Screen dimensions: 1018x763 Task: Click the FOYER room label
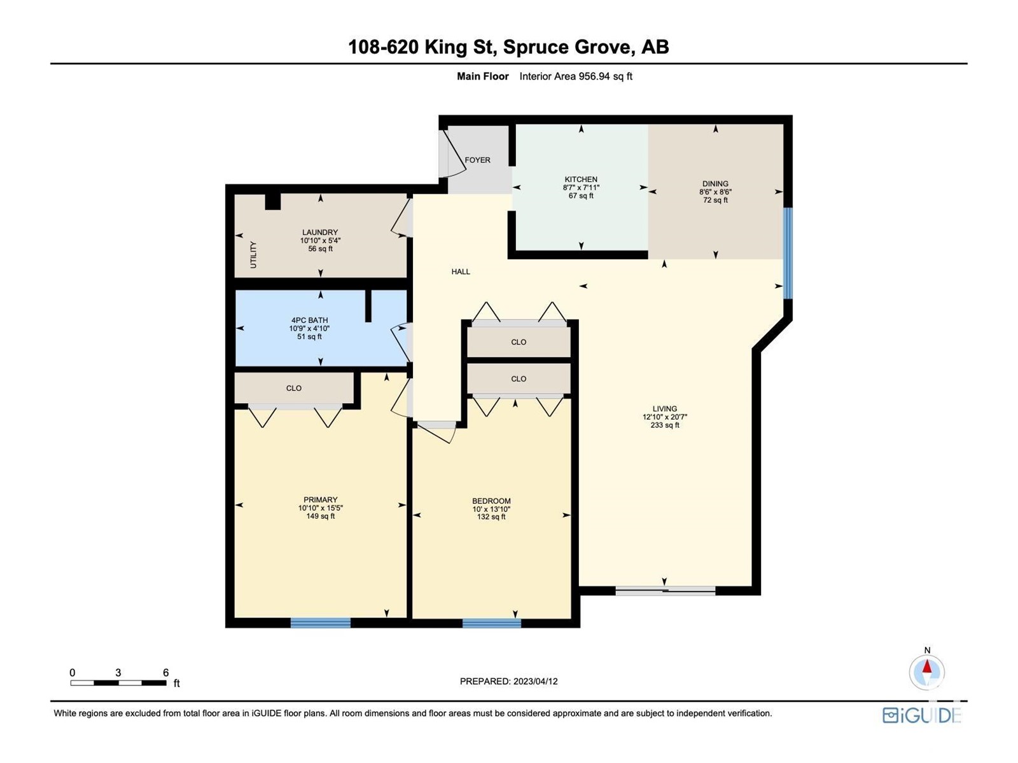coord(477,160)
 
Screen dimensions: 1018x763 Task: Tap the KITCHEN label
coord(581,179)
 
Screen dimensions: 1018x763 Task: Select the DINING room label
coord(715,184)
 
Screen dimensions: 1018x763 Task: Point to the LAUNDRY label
coord(320,232)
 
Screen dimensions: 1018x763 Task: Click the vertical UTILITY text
coord(253,254)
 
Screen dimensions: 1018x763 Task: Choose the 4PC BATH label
coord(309,320)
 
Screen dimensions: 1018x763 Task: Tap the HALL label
coord(461,272)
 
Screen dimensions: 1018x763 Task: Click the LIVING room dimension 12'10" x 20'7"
coord(665,417)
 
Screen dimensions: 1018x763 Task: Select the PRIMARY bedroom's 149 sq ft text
coord(320,516)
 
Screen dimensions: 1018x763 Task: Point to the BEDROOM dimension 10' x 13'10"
coord(491,509)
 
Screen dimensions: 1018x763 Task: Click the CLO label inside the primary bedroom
coord(293,388)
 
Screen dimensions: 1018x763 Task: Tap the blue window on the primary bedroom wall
coord(321,622)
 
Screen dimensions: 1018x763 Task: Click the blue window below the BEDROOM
coord(492,623)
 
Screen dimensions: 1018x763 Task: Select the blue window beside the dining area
coord(788,253)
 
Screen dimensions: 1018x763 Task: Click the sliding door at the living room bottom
coord(666,590)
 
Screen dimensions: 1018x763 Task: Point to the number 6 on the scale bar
coord(165,673)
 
